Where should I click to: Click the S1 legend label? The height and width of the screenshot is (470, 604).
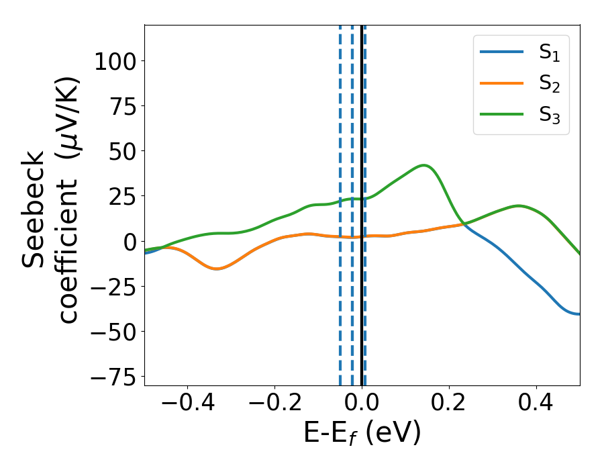tap(549, 53)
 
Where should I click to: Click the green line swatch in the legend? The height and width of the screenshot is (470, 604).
tap(502, 115)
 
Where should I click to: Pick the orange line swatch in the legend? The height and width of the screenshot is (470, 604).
tap(502, 84)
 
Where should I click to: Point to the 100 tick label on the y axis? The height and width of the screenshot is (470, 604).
tap(115, 62)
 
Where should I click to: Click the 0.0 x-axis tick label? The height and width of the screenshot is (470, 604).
tap(362, 405)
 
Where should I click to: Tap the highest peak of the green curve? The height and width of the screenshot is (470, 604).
tap(423, 164)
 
